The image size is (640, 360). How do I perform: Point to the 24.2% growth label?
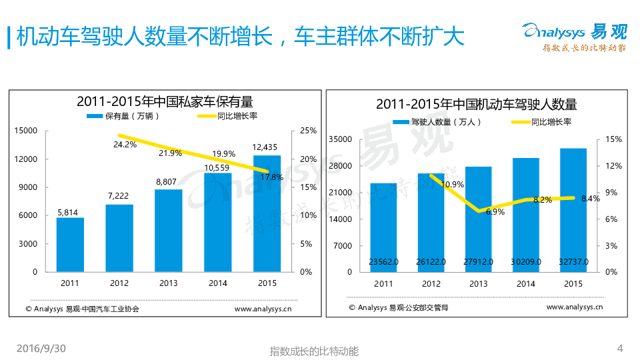(x=125, y=143)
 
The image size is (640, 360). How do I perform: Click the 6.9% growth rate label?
(x=495, y=212)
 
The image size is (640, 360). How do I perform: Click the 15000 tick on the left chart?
(x=27, y=131)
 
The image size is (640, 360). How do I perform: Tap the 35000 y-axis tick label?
(x=340, y=139)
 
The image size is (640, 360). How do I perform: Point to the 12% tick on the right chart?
(x=613, y=166)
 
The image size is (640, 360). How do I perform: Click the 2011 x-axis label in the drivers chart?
(x=383, y=284)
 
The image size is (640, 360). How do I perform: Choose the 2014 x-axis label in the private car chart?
(x=217, y=283)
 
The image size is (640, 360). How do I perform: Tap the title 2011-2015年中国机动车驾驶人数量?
(x=476, y=105)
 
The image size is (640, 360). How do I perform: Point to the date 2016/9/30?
(x=41, y=349)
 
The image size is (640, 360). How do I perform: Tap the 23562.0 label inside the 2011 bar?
(x=383, y=262)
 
